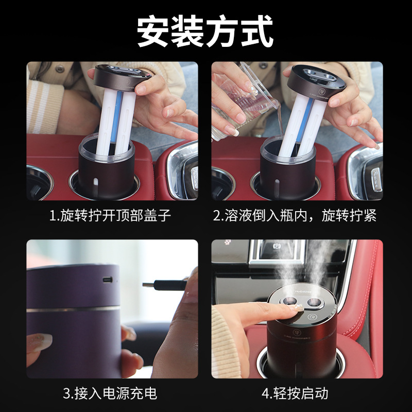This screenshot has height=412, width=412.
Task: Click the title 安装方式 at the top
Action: tap(205, 32)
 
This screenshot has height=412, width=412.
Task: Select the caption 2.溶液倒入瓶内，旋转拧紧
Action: tap(295, 215)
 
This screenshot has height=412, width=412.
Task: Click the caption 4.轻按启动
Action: tap(295, 394)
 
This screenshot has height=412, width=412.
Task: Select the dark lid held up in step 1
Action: tap(123, 78)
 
